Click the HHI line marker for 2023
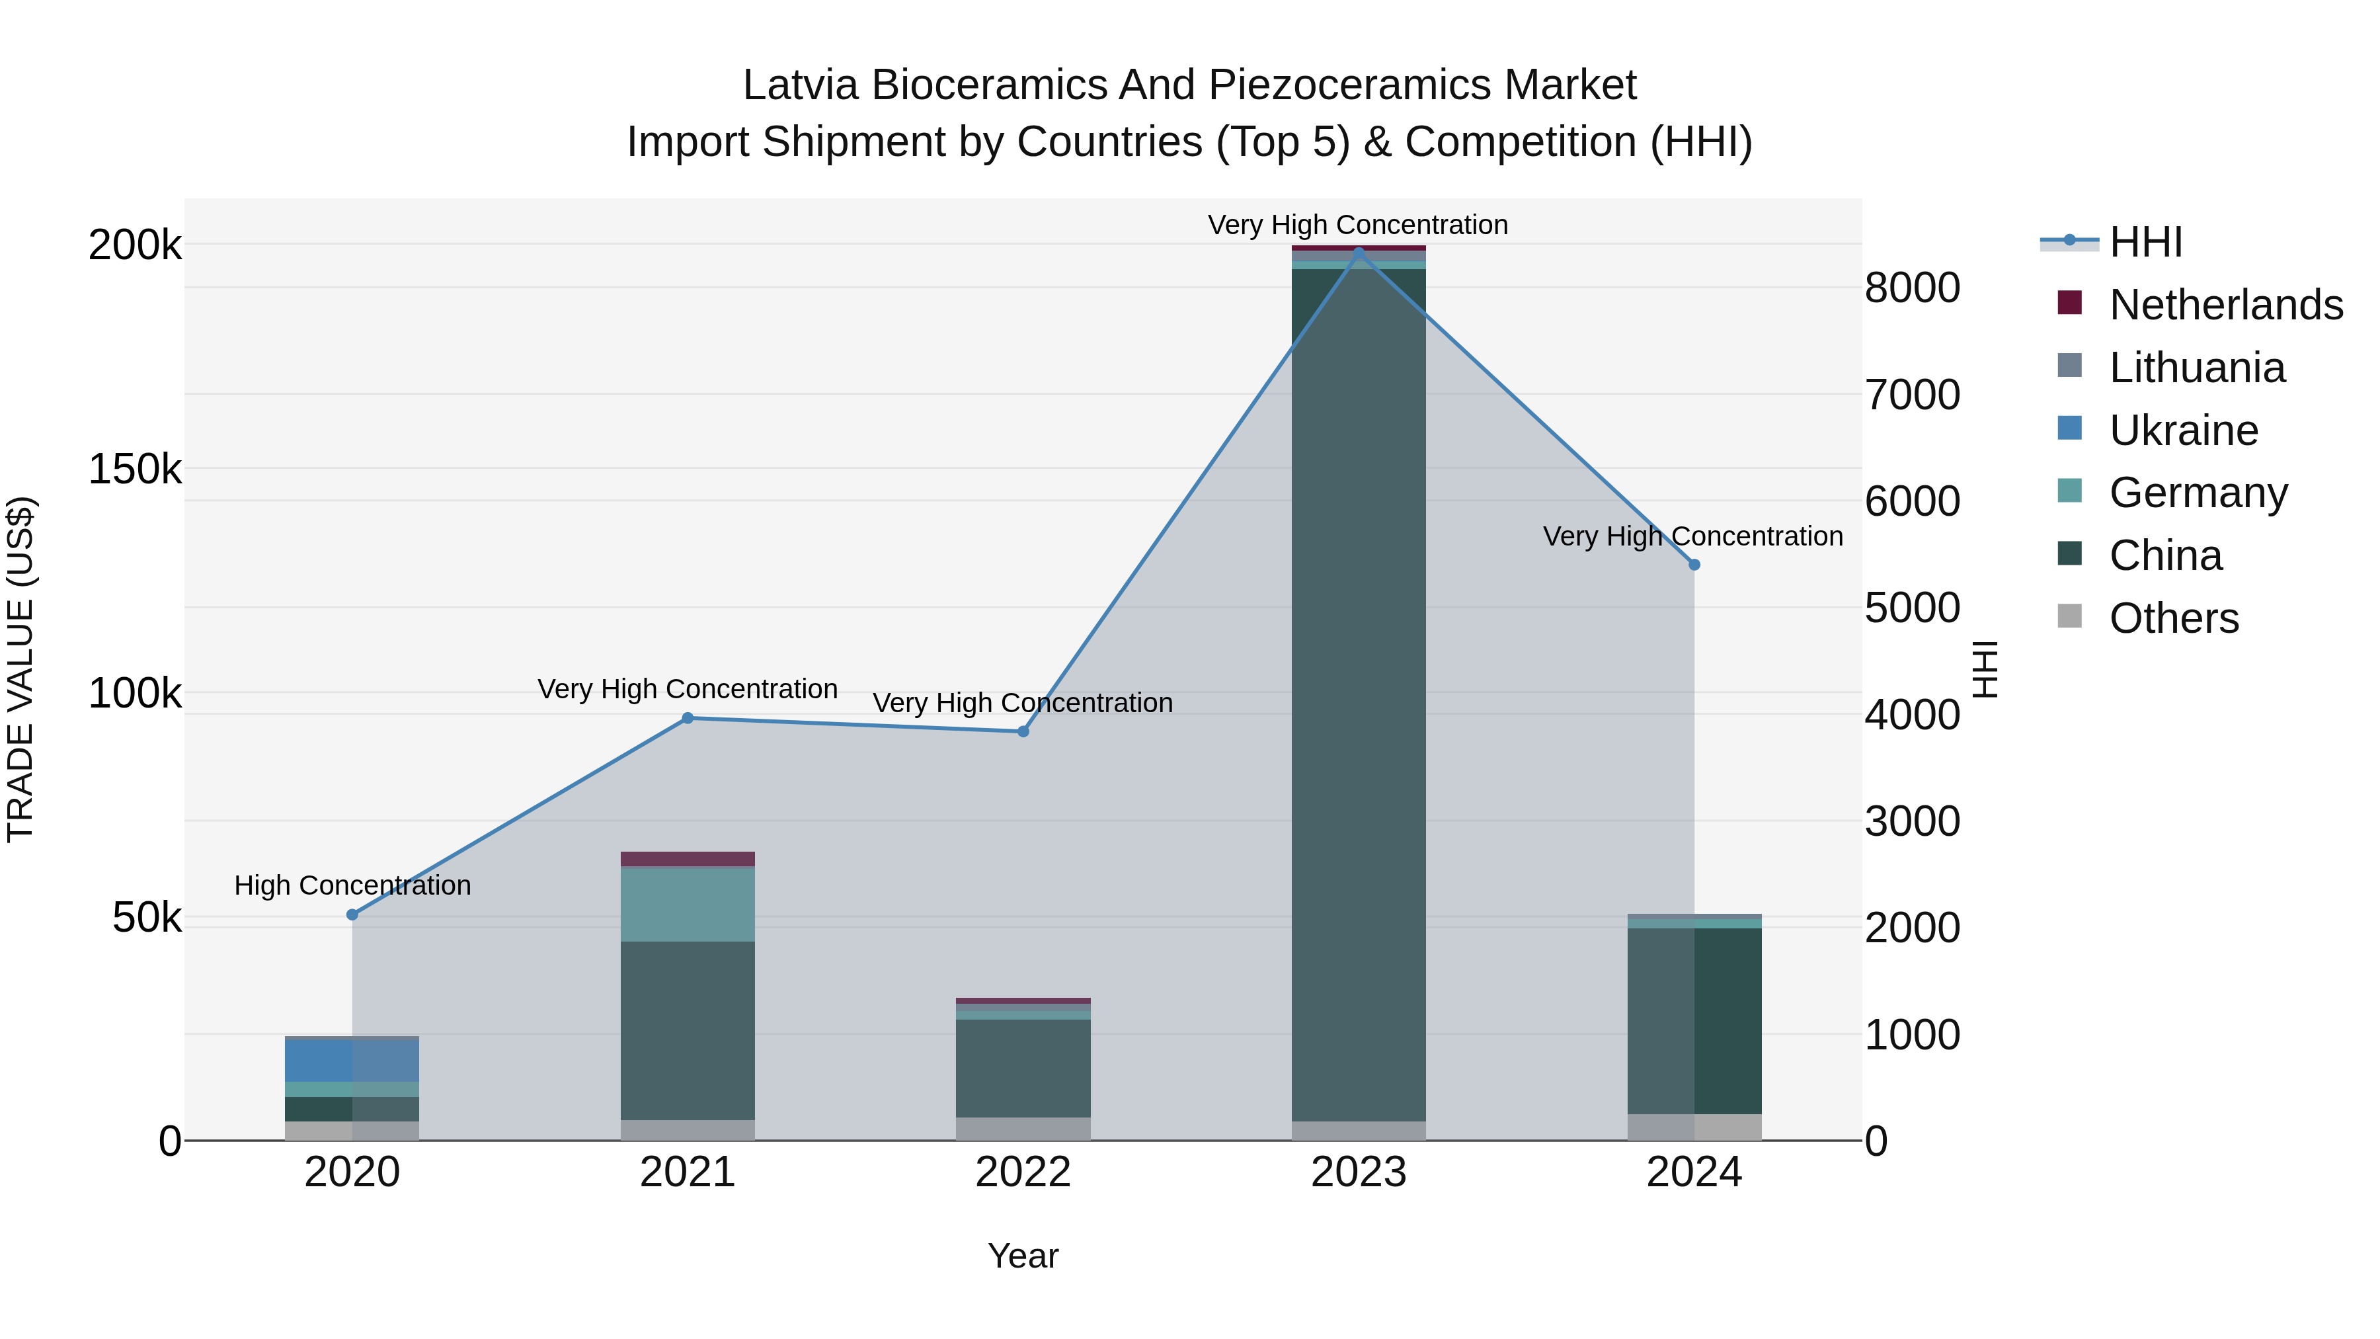click(x=1358, y=251)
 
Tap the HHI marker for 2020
click(x=352, y=915)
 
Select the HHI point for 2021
click(x=688, y=718)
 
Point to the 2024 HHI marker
click(x=1694, y=565)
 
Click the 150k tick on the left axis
click(x=135, y=469)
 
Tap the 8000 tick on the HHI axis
click(x=1911, y=288)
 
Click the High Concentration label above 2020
click(x=352, y=885)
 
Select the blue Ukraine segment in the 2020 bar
click(x=352, y=1061)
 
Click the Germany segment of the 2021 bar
click(x=688, y=905)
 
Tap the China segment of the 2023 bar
click(x=1358, y=693)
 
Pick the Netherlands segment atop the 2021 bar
click(x=688, y=858)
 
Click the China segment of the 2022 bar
click(x=1023, y=1067)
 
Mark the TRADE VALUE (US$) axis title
click(x=20, y=669)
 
